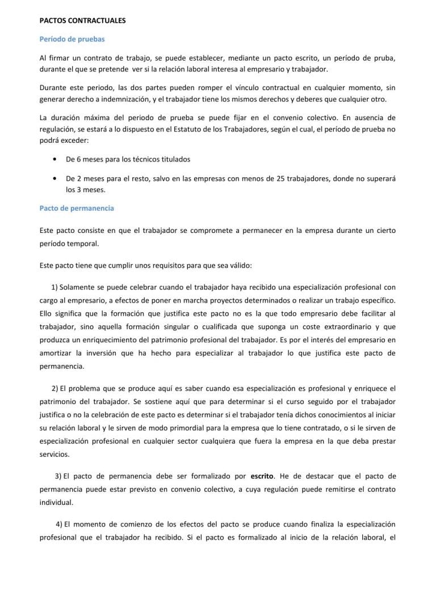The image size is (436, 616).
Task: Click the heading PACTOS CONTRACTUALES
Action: click(82, 20)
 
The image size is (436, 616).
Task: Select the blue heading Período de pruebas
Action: click(72, 40)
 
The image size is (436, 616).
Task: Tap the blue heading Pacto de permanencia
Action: click(77, 208)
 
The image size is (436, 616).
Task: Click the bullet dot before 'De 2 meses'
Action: click(53, 179)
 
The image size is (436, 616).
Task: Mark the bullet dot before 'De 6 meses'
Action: click(53, 159)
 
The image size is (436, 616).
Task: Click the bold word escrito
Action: click(263, 475)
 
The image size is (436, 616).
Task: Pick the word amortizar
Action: click(57, 352)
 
